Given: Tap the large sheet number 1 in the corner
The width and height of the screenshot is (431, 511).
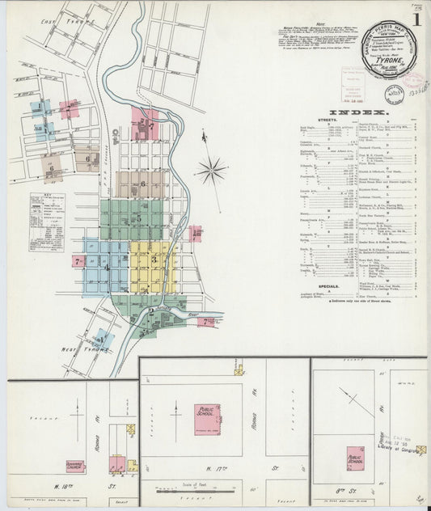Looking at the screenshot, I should tap(416, 19).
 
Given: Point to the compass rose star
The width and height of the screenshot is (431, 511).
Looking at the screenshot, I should tap(211, 171).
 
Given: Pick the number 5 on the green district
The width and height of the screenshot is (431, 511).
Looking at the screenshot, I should tap(138, 218).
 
